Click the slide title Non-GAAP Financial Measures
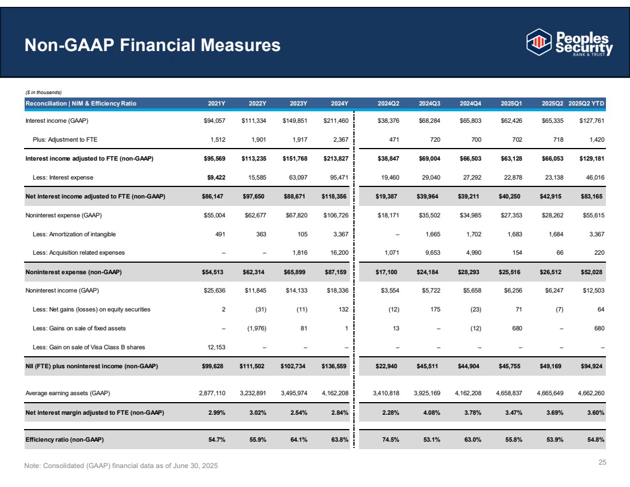pyautogui.click(x=152, y=45)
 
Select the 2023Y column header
pyautogui.click(x=298, y=103)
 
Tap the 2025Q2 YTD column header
pyautogui.click(x=587, y=103)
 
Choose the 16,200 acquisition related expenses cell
pyautogui.click(x=338, y=252)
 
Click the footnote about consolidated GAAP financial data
pyautogui.click(x=121, y=465)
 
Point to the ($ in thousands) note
pyautogui.click(x=44, y=92)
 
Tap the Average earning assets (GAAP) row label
pyautogui.click(x=68, y=393)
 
